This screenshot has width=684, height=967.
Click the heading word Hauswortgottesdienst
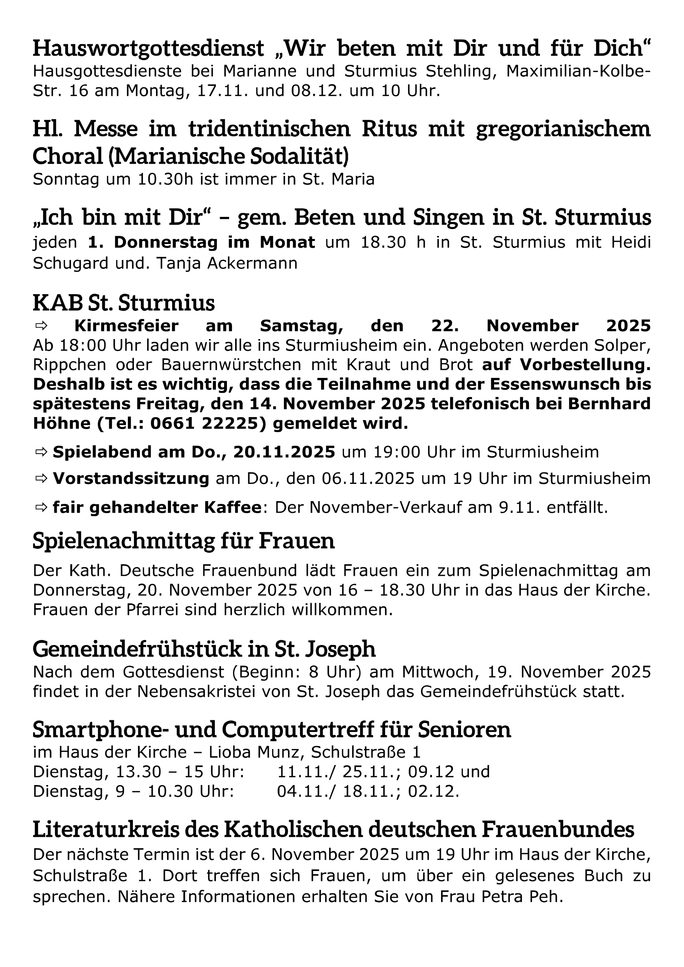[148, 49]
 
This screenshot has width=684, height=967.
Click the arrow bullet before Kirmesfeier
[42, 326]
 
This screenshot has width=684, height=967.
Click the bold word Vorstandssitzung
[131, 478]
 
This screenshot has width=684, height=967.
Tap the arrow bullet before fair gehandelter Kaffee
[42, 508]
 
